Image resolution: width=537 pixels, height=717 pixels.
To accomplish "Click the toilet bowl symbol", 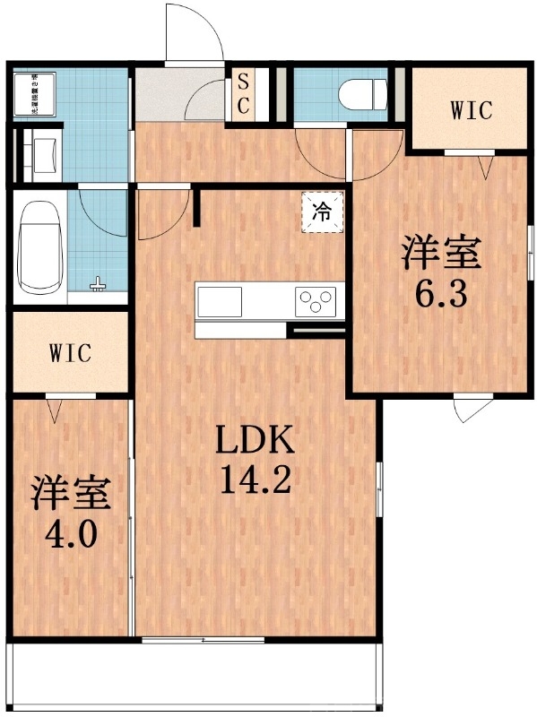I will coord(364,92).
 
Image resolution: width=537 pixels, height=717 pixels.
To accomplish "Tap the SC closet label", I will coord(243,93).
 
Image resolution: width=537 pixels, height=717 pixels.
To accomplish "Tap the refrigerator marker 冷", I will coord(321,213).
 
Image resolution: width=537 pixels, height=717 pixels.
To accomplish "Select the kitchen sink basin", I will coord(221,301).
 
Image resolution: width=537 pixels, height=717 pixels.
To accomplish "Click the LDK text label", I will coord(256,441).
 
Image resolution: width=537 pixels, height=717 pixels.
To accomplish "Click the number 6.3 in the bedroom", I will coord(441,295).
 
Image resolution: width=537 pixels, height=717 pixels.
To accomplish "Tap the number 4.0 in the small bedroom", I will coord(71,538).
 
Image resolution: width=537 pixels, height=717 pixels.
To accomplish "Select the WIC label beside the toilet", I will coord(471,111).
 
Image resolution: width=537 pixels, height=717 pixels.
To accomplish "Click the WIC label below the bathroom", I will coord(69,353).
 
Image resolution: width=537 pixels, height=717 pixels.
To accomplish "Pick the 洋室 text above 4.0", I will coord(71,495).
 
